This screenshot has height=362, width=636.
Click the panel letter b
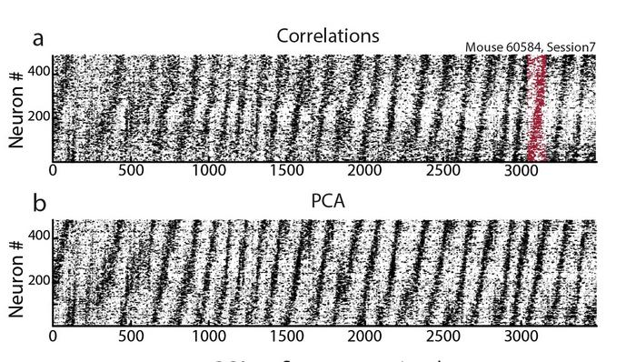[39, 203]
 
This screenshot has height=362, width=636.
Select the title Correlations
[328, 36]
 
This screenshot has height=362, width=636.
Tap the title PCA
[328, 201]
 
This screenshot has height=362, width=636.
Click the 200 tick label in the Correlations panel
[37, 116]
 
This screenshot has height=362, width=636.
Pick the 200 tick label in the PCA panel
[37, 280]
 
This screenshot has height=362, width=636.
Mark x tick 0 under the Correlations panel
[53, 171]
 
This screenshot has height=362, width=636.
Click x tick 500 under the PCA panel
[131, 335]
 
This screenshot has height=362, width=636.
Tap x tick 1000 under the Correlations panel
[209, 171]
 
